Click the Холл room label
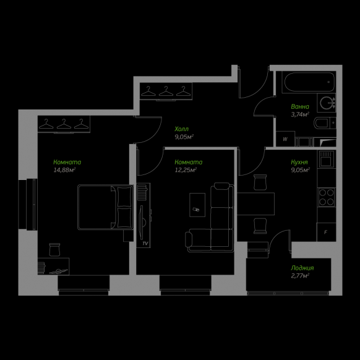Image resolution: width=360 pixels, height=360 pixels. pyautogui.click(x=181, y=129)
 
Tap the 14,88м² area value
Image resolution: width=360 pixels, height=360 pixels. pyautogui.click(x=64, y=170)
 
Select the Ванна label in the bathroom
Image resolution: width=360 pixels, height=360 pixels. pyautogui.click(x=300, y=106)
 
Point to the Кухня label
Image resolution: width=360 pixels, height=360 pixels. pyautogui.click(x=299, y=162)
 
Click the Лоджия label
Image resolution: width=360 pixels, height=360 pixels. pyautogui.click(x=302, y=268)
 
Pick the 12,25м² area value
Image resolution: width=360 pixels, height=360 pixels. pyautogui.click(x=186, y=170)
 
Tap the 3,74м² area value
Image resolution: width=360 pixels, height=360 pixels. pyautogui.click(x=300, y=114)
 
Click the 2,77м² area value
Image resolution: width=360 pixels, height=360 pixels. pyautogui.click(x=300, y=276)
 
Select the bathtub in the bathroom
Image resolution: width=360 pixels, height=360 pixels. pyautogui.click(x=309, y=82)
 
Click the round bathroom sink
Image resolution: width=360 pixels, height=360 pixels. pyautogui.click(x=327, y=103)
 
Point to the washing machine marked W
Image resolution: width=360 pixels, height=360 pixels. pyautogui.click(x=285, y=139)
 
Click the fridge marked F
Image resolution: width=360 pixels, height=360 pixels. pyautogui.click(x=326, y=232)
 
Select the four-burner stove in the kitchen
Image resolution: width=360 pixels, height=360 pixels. pyautogui.click(x=327, y=197)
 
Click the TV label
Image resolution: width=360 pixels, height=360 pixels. pyautogui.click(x=145, y=243)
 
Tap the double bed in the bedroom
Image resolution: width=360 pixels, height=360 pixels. pyautogui.click(x=106, y=207)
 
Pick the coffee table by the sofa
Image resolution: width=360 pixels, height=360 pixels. pyautogui.click(x=197, y=205)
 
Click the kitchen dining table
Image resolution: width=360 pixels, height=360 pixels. pyautogui.click(x=255, y=204)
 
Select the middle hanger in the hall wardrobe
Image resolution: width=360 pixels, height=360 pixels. pyautogui.click(x=166, y=92)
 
